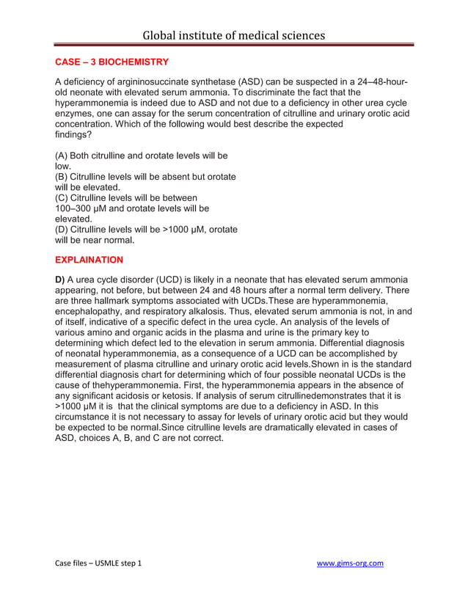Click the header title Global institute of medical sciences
pos(233,34)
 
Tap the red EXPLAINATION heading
pos(89,260)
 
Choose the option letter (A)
pos(63,156)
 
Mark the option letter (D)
pos(63,230)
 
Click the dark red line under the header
pos(233,45)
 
